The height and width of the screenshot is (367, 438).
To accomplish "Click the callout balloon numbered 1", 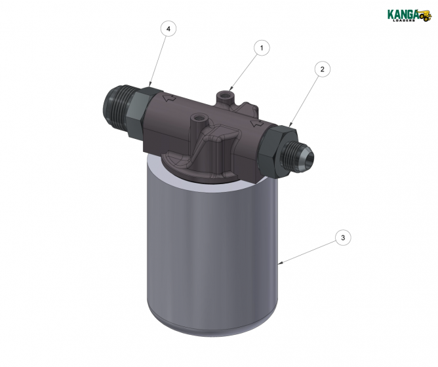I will click(262, 48).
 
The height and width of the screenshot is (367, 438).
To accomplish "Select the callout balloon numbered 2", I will click(321, 69).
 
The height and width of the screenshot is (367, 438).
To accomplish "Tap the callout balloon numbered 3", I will click(342, 237).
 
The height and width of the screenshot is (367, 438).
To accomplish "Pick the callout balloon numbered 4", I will click(169, 29).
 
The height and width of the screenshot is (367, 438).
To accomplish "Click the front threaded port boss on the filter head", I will click(196, 121).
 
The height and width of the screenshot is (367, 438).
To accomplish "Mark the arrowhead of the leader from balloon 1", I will click(231, 91).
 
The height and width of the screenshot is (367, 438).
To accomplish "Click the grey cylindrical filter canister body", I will click(210, 249).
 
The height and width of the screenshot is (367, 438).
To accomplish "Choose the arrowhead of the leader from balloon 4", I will click(149, 85).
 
